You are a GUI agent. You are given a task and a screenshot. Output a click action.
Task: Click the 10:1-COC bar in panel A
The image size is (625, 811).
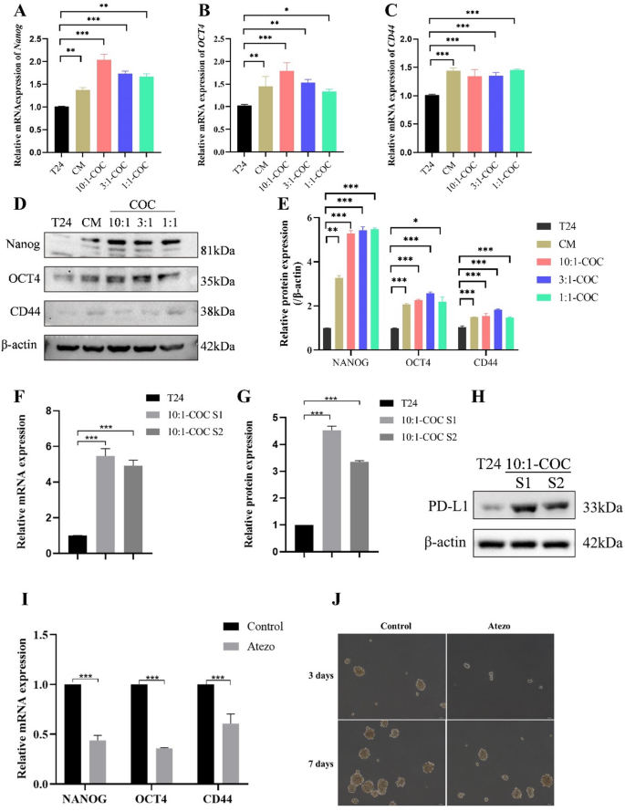tap(103, 114)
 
